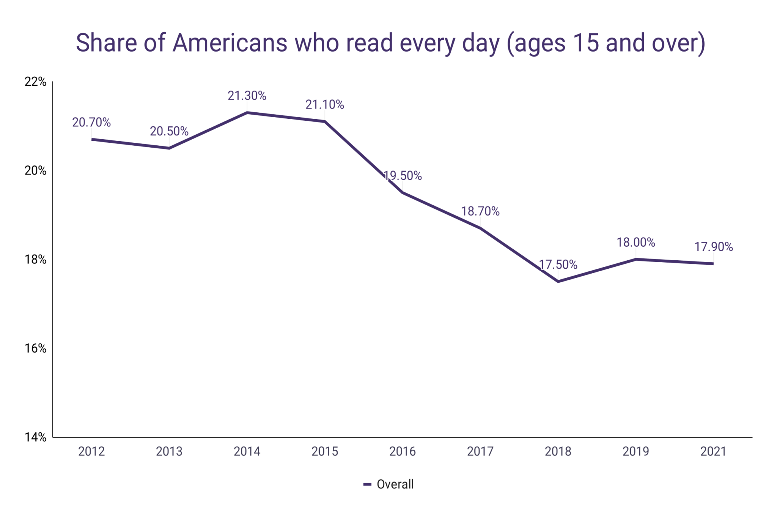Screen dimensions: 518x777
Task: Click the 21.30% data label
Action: coord(247,96)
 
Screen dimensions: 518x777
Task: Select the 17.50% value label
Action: coord(558,265)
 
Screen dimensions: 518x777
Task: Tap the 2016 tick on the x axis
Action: coord(402,451)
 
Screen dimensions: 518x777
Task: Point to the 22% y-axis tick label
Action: coord(35,82)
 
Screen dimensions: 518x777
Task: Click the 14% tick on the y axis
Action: coord(35,437)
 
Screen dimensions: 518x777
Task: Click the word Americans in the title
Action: coord(230,43)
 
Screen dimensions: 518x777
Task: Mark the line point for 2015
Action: coord(325,121)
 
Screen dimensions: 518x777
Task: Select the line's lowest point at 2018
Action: coord(558,281)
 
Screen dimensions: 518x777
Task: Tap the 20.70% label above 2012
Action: coord(91,123)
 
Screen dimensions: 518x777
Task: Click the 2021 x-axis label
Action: coord(713,451)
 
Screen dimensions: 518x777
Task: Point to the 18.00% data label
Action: coord(635,242)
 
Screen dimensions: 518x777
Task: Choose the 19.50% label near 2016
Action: coord(403,176)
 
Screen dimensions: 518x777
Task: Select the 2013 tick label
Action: coord(169,451)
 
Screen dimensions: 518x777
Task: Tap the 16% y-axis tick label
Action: coord(35,348)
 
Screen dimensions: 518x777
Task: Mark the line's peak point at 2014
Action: coord(247,112)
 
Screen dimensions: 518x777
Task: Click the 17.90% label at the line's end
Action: coord(713,247)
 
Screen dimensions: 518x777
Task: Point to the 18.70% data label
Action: coord(480,211)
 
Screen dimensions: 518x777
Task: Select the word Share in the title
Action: coord(106,43)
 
